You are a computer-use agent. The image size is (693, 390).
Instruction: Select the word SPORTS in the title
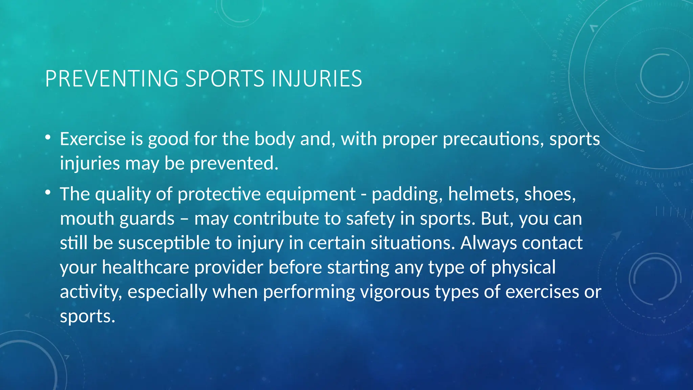[x=225, y=79]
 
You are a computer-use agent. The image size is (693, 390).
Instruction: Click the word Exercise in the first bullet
[x=93, y=139]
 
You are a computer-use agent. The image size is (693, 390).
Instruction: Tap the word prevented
[x=234, y=164]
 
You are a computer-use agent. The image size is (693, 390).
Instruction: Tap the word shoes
[x=550, y=194]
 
